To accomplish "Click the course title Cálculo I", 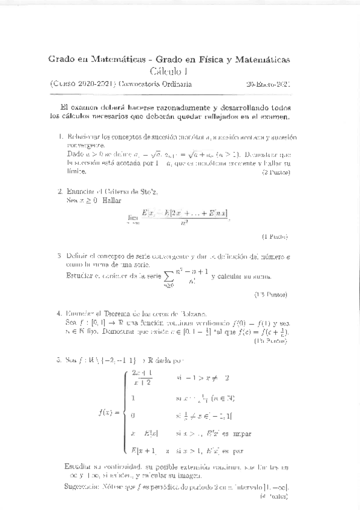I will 169,72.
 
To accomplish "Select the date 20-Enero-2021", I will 269,85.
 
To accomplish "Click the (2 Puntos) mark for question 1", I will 276,173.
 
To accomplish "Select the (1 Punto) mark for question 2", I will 276,236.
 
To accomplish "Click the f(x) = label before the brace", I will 108,413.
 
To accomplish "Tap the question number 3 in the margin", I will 59,256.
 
